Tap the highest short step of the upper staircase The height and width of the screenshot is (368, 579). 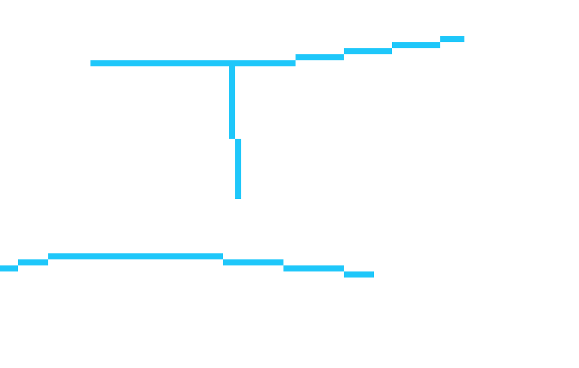(x=452, y=39)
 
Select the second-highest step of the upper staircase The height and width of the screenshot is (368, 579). (x=416, y=45)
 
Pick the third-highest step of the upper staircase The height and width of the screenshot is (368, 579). (x=368, y=51)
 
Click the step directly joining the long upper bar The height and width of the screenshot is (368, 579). (x=320, y=57)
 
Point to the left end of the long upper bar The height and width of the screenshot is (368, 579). (x=92, y=63)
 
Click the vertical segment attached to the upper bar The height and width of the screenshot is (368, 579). (x=232, y=103)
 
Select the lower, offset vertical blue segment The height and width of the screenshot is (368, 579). (x=238, y=169)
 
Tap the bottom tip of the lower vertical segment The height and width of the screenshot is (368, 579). (x=238, y=197)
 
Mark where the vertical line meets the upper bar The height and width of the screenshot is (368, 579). (x=232, y=63)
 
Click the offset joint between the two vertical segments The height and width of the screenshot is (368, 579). (x=235, y=139)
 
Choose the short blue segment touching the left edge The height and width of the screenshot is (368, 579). (x=8, y=268)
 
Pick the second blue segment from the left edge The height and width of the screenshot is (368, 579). (x=33, y=262)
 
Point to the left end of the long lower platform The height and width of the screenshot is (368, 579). (x=50, y=256)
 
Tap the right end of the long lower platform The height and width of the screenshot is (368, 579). (x=221, y=256)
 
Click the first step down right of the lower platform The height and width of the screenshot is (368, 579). (x=253, y=262)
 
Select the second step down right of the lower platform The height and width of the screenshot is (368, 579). (x=314, y=268)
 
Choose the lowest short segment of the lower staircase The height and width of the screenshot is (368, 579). (x=359, y=274)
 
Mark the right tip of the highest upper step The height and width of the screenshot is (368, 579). (x=463, y=39)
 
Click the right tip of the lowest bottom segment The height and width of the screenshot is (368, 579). (x=372, y=274)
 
